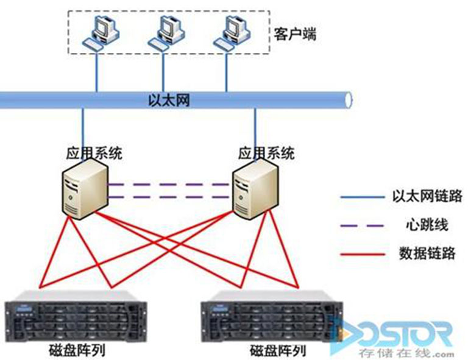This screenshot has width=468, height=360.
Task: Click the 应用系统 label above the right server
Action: tap(266, 152)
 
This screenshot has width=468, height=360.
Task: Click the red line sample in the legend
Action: tap(363, 253)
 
